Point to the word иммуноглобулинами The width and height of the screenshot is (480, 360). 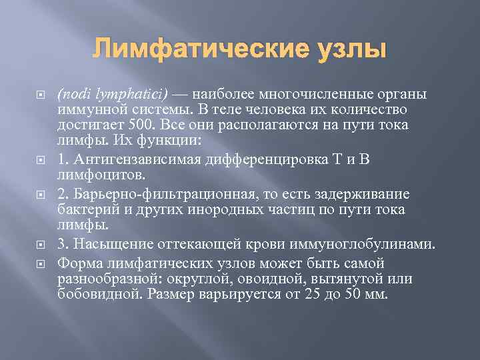367,245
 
